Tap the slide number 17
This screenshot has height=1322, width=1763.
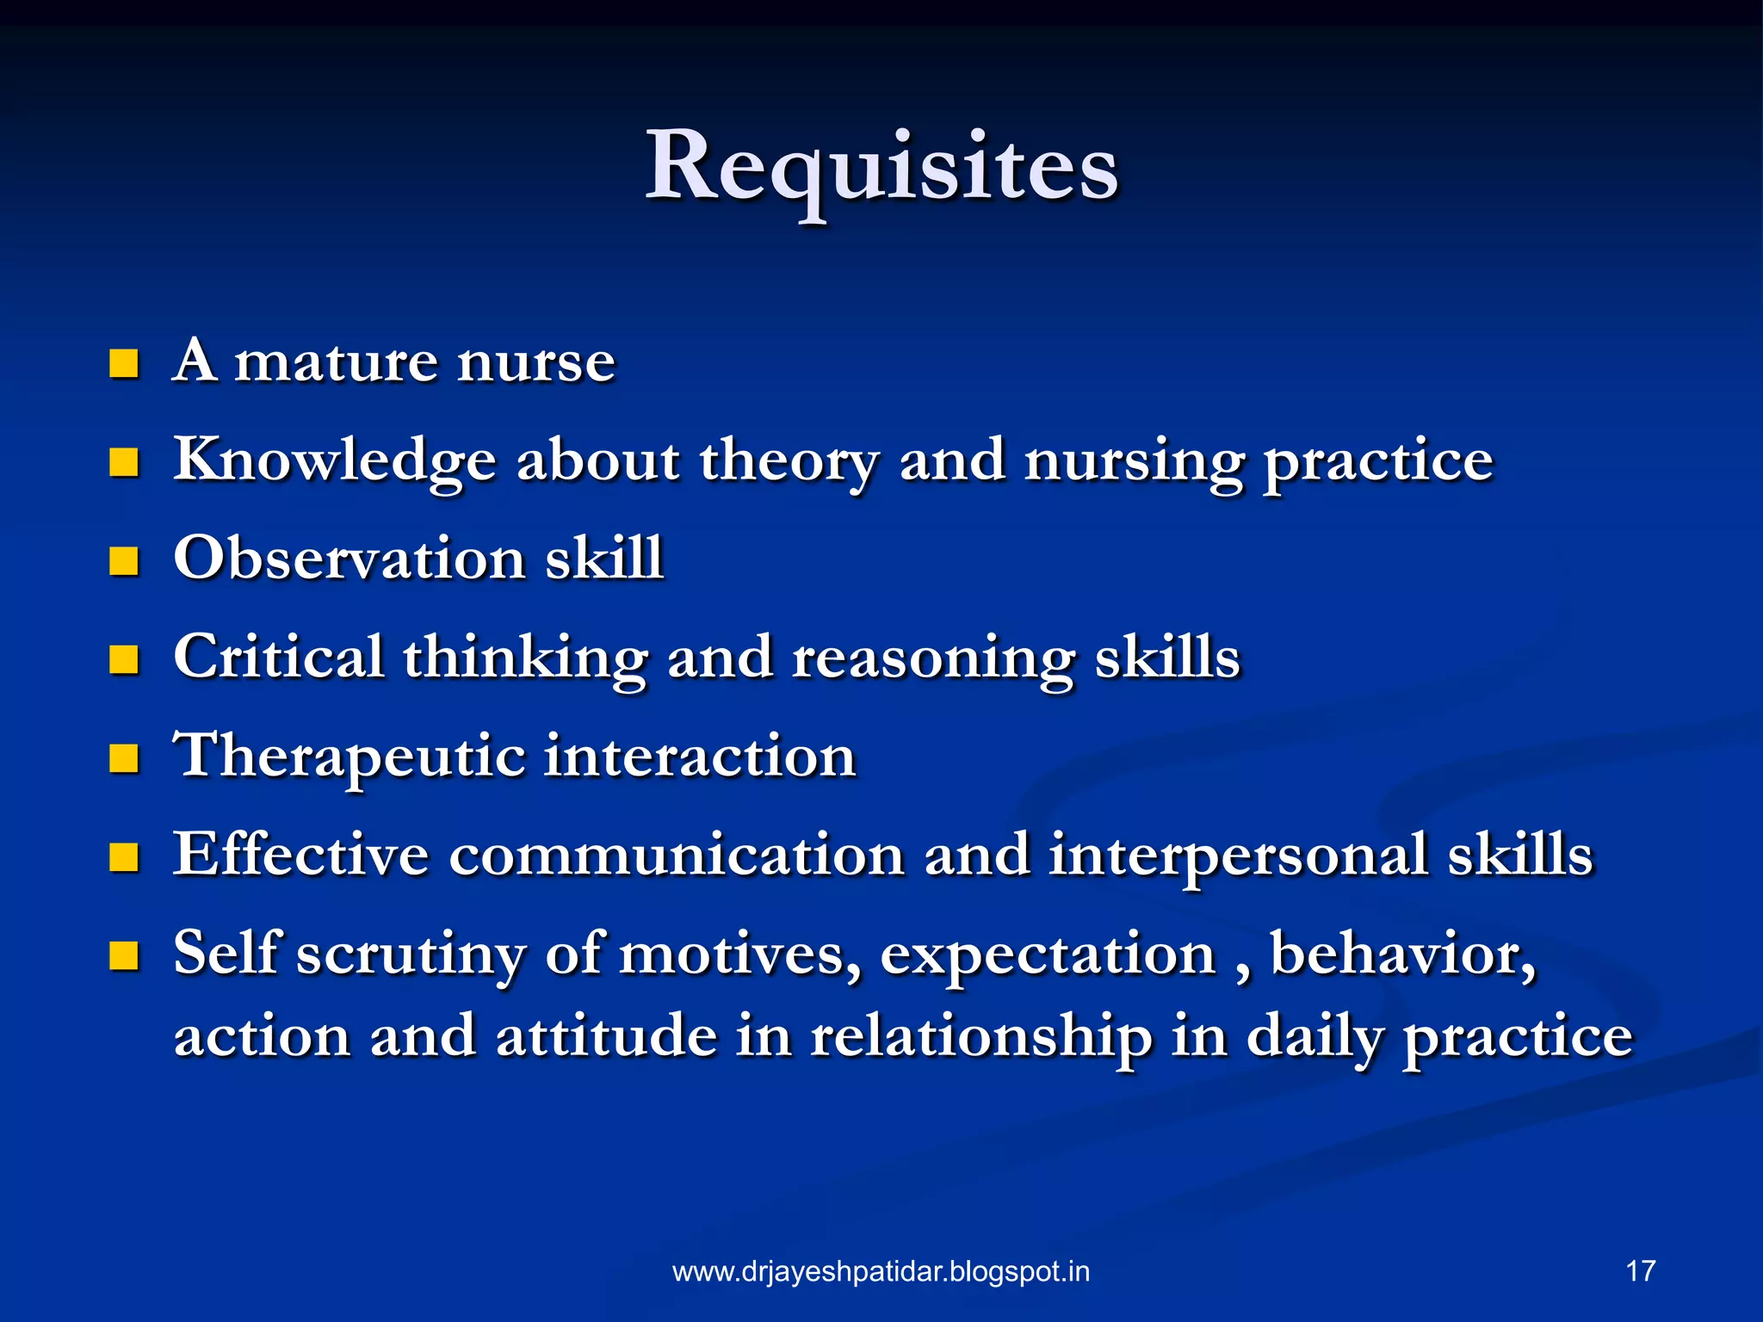coord(1641,1271)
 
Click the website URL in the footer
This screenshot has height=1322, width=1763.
coord(881,1272)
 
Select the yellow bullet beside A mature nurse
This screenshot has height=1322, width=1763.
coord(124,364)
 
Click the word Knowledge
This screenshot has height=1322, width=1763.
coord(335,460)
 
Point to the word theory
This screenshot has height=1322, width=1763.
coord(789,460)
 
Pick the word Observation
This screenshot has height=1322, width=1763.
coord(349,558)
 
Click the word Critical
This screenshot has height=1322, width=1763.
coord(278,657)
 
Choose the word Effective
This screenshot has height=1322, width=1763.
coord(300,855)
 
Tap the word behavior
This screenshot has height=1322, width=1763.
coord(1402,954)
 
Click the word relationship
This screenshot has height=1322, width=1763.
coord(980,1037)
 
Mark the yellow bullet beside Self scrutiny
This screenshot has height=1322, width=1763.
coord(124,955)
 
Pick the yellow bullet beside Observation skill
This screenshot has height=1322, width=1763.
coord(124,561)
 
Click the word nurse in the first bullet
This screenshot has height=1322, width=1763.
coord(535,361)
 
